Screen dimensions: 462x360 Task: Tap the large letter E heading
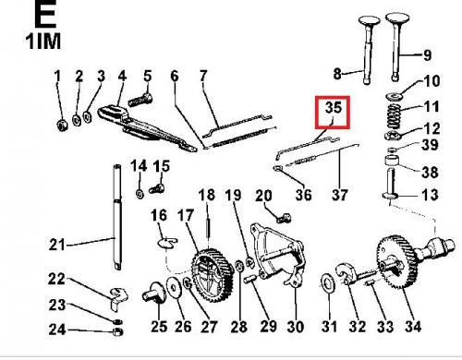pos(46,13)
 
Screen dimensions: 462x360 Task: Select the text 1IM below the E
pos(43,42)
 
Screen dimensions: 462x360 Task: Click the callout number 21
pos(57,246)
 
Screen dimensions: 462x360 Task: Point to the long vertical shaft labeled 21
pos(117,217)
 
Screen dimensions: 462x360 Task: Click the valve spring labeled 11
pos(394,116)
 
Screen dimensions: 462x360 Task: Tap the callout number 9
pos(427,55)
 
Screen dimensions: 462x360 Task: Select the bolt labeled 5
pos(140,100)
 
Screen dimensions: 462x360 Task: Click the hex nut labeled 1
pos(63,125)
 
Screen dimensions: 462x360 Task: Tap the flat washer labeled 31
pos(327,282)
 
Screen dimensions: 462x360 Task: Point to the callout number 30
pos(295,327)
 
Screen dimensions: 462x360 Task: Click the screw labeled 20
pos(284,218)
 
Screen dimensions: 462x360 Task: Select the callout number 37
pos(339,195)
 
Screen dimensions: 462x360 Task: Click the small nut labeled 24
pos(117,331)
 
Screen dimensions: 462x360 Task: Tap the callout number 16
pos(159,215)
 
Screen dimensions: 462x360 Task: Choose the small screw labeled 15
pos(156,188)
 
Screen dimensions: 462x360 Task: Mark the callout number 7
pos(203,76)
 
